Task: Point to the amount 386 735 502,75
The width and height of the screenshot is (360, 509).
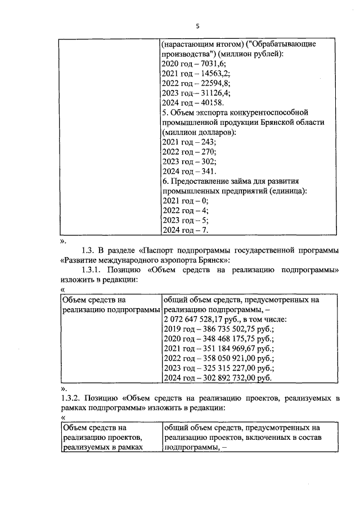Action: click(x=224, y=329)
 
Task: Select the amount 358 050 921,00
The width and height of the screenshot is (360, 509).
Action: click(x=224, y=358)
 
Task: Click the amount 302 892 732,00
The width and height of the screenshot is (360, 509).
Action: click(x=224, y=378)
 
